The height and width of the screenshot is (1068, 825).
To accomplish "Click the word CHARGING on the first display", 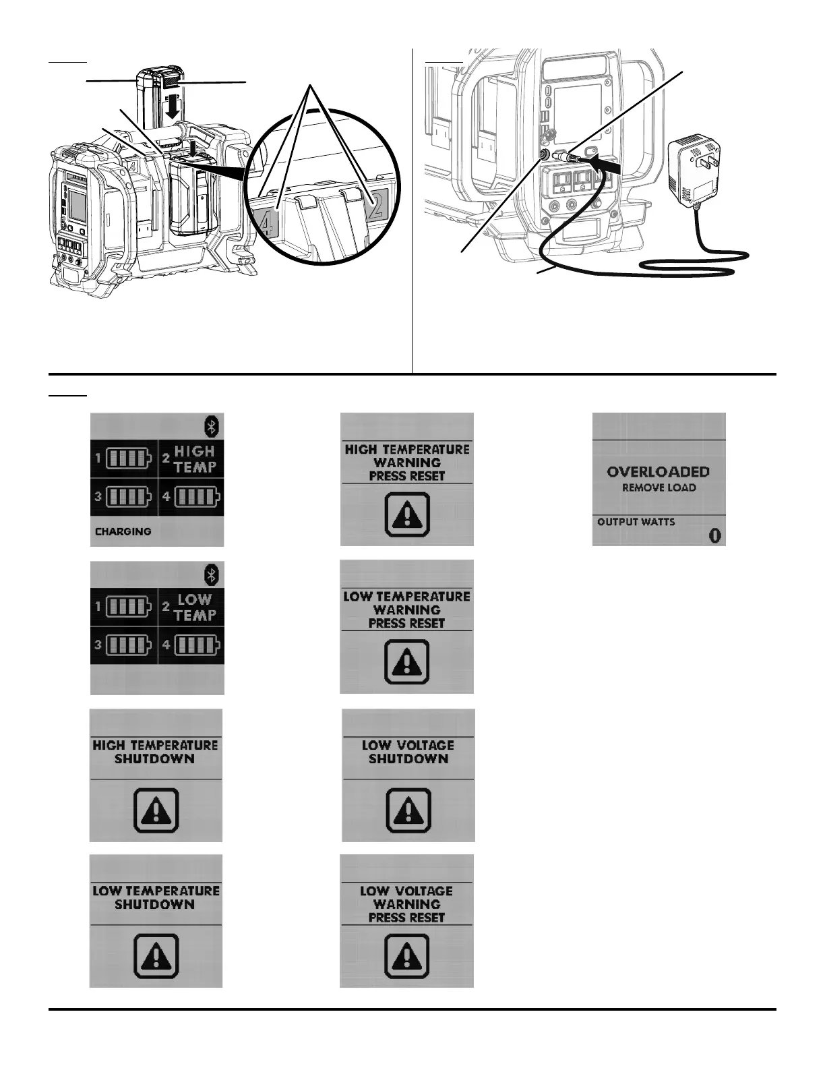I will click(123, 531).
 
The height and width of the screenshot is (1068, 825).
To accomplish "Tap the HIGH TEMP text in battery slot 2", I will click(195, 459).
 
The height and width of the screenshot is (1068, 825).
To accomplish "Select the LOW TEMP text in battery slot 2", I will click(195, 607).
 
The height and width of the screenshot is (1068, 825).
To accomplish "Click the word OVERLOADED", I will click(658, 472).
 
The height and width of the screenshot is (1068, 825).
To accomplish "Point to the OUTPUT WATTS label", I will click(636, 522).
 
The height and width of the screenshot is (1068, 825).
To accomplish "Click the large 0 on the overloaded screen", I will click(714, 535).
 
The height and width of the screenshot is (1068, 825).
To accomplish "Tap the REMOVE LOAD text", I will click(659, 487).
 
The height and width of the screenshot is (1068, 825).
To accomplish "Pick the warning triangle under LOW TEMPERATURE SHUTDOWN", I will click(156, 955).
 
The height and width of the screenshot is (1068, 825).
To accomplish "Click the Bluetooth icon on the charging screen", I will click(212, 426).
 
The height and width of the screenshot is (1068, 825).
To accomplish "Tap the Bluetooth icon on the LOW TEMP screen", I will click(212, 574).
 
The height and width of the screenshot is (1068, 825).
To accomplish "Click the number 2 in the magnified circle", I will click(375, 206).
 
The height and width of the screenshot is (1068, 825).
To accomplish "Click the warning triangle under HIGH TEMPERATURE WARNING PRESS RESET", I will click(407, 514).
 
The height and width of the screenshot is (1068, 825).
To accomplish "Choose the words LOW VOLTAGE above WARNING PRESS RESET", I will click(406, 891).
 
